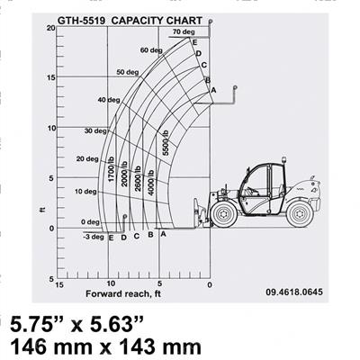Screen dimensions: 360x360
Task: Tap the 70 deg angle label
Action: click(x=183, y=32)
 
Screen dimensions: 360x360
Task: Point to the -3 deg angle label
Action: click(x=92, y=237)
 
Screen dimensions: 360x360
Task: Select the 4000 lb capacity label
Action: click(x=150, y=180)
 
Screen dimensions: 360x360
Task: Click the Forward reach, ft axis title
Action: click(x=122, y=294)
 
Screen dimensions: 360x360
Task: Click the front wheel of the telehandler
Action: click(x=224, y=213)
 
